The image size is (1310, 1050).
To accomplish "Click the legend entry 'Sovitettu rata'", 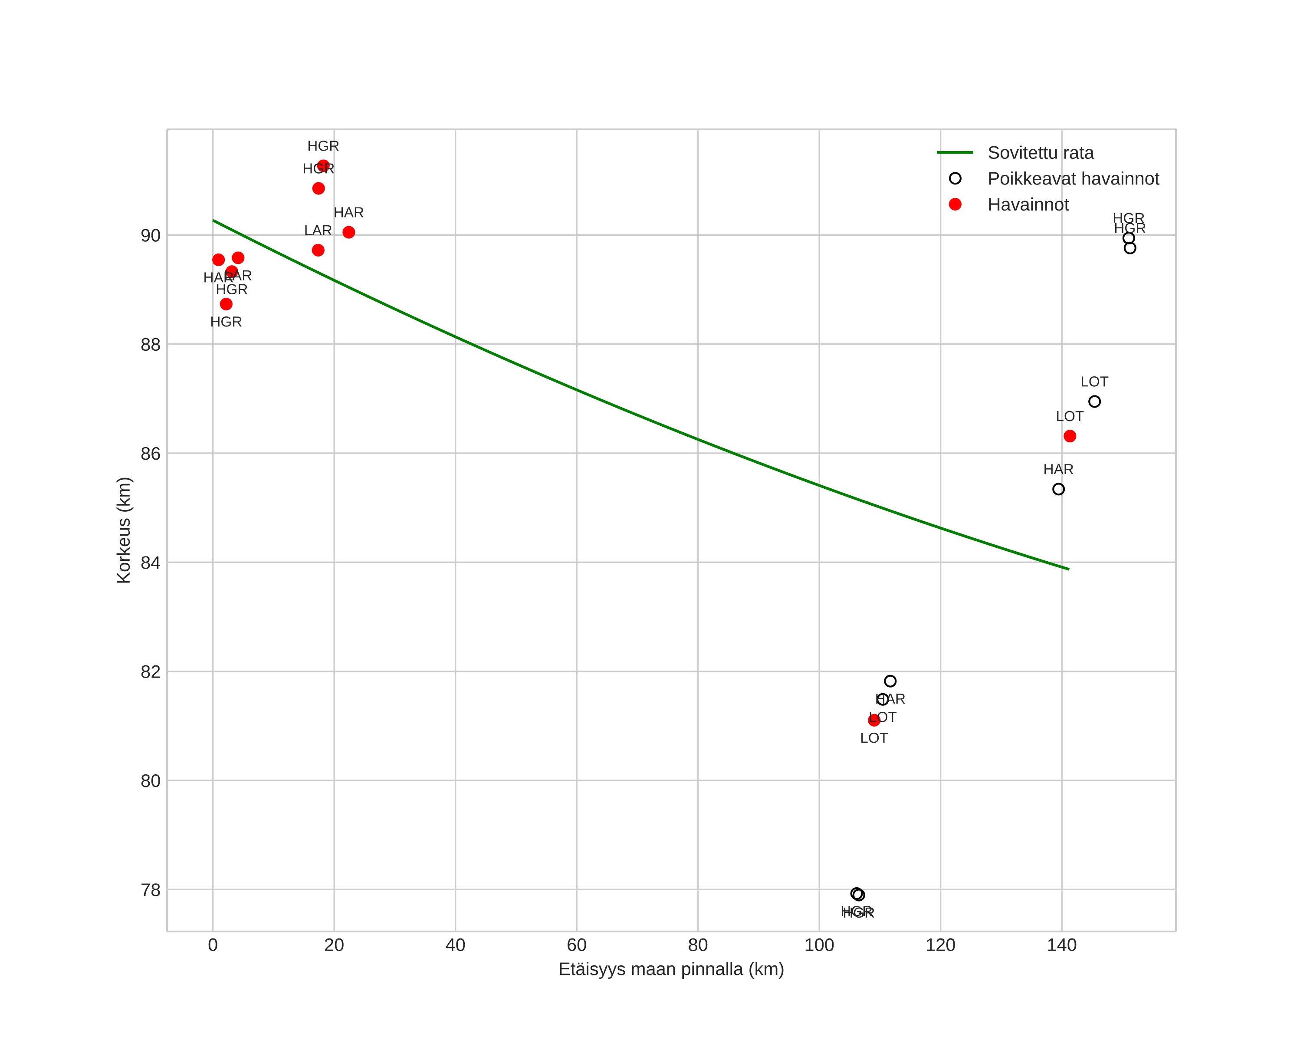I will [x=1040, y=152].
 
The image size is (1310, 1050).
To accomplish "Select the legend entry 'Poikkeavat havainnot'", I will [x=1073, y=179].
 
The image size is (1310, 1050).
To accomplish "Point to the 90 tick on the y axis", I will [x=151, y=236].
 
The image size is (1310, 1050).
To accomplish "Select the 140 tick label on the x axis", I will [x=1061, y=945].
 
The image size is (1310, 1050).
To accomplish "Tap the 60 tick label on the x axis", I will [x=577, y=945].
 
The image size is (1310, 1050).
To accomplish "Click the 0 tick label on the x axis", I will [x=213, y=945].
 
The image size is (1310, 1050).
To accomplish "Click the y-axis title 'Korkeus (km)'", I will [x=124, y=530].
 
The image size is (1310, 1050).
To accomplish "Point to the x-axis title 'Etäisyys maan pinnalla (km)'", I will [x=671, y=969].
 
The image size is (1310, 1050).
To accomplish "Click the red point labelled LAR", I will [x=318, y=250].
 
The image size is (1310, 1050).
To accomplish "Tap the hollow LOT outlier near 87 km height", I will [x=1094, y=402].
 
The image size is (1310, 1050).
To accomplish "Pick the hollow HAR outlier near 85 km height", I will [x=1058, y=489].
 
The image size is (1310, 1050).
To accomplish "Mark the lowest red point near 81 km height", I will [x=874, y=720].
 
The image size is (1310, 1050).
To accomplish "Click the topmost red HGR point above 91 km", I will [x=323, y=166].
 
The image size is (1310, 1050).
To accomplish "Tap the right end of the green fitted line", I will [x=1068, y=569].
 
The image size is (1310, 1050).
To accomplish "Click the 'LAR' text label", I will [x=318, y=231].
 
